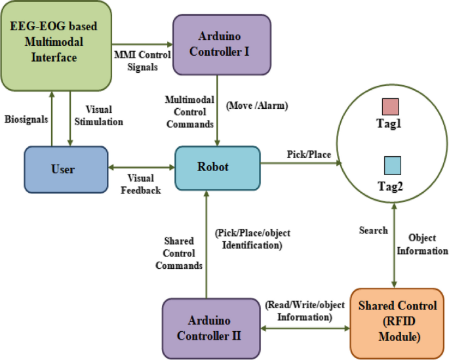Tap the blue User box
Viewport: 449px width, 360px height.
pyautogui.click(x=66, y=169)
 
